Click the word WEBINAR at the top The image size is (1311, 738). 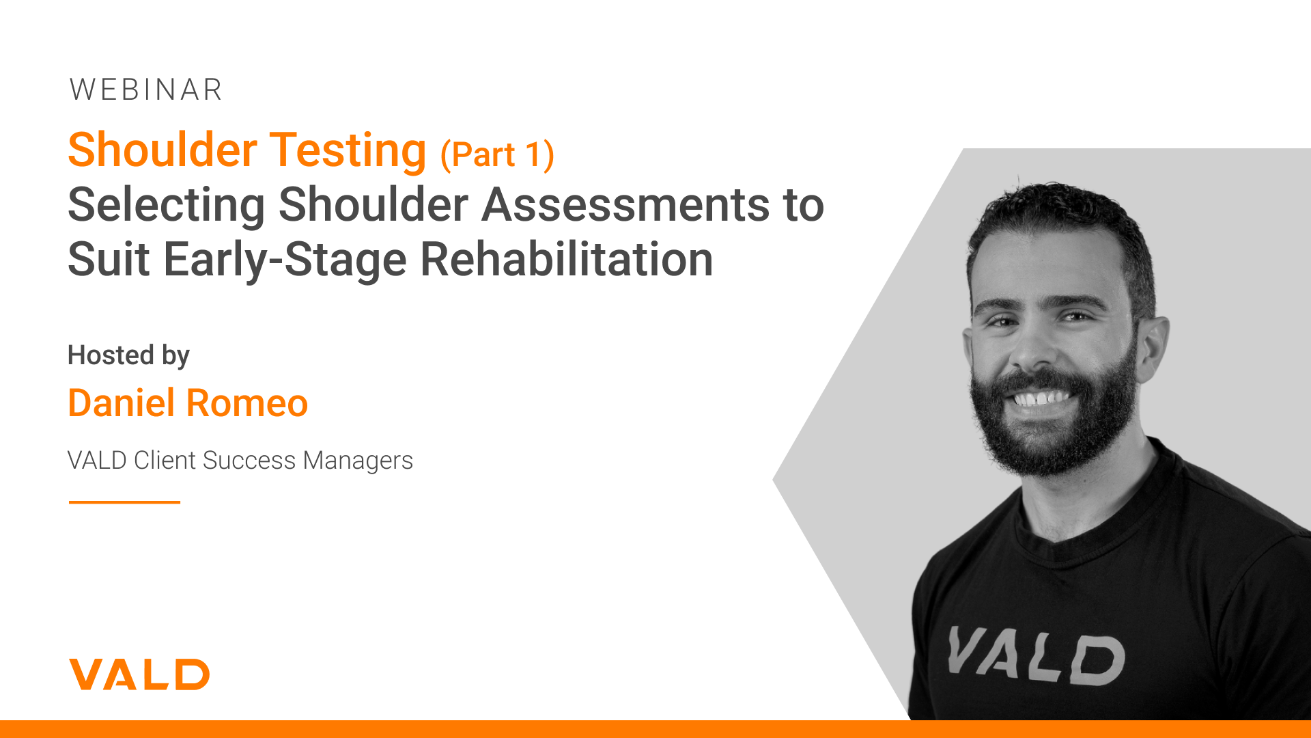pos(146,90)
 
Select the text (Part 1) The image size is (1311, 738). pos(497,154)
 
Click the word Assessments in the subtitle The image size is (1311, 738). pos(625,204)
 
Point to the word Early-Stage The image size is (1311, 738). pos(285,260)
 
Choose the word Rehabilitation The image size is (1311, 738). pos(567,260)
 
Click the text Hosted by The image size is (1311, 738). pos(128,356)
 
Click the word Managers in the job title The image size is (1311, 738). pos(358,461)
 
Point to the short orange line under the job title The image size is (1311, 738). pos(124,502)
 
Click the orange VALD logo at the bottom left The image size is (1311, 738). pos(139,674)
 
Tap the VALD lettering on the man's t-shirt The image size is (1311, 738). pos(1035,657)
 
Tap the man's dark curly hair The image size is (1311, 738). pos(1058,219)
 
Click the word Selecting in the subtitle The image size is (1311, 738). pos(167,205)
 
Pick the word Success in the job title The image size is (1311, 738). pos(250,461)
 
